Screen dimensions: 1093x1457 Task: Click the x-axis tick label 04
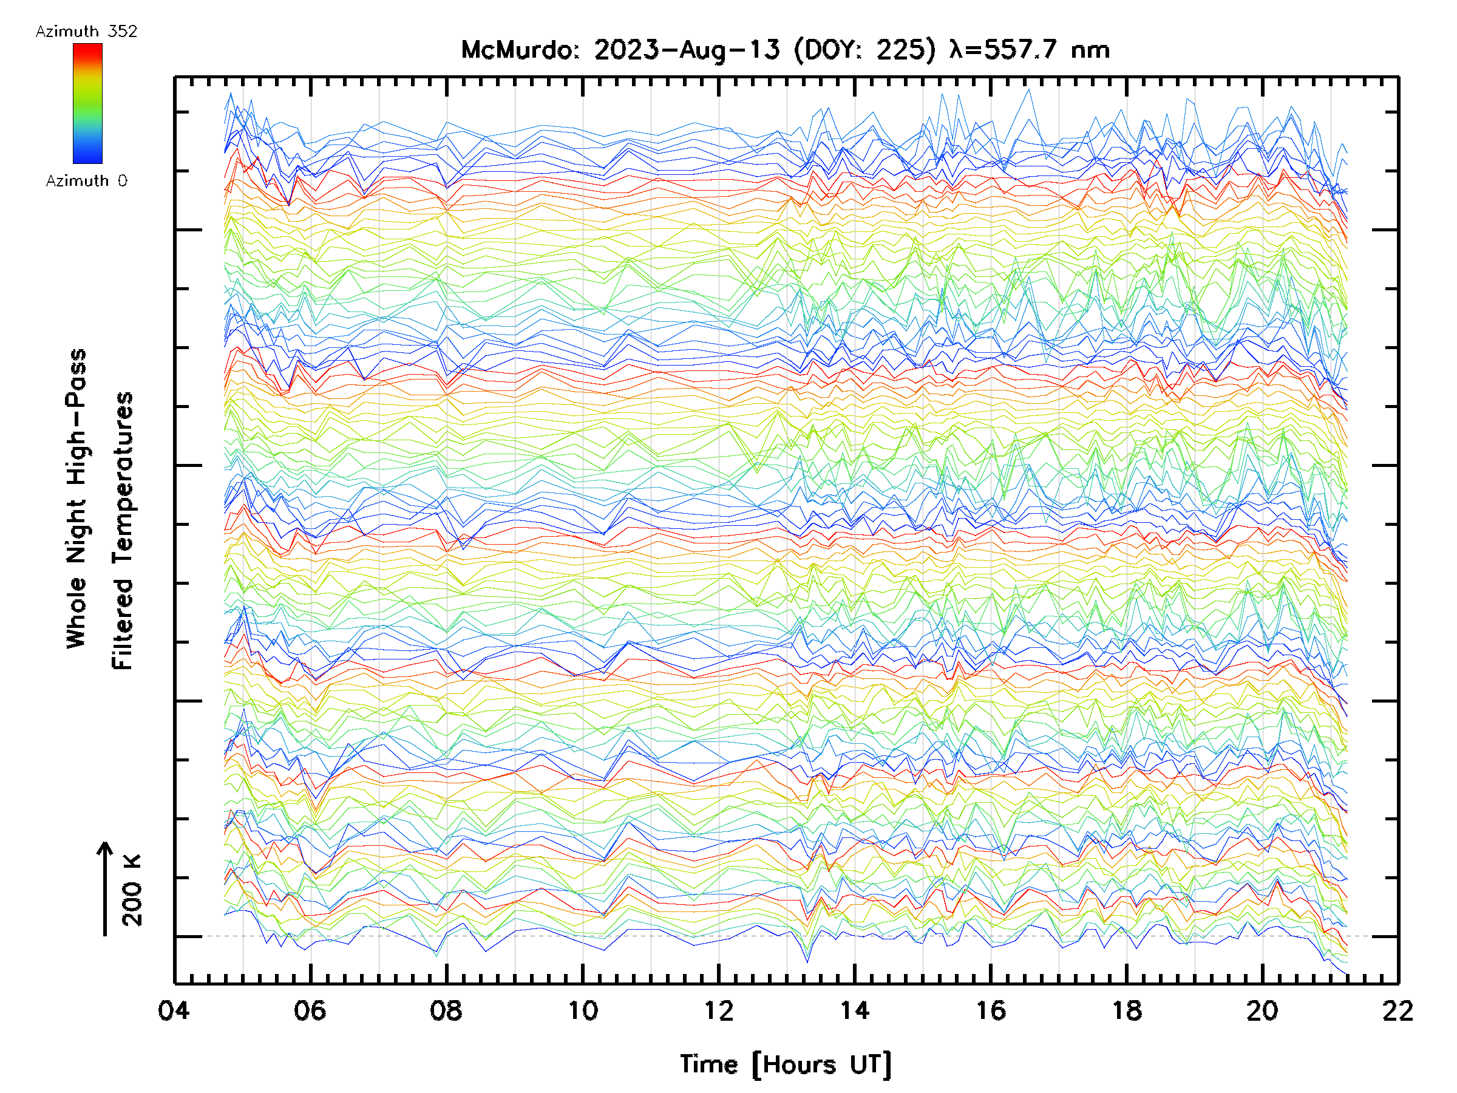click(x=174, y=1010)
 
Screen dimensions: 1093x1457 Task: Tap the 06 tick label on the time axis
click(x=310, y=1010)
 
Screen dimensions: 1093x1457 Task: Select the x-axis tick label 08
click(x=446, y=1010)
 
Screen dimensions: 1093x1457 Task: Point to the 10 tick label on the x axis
click(x=583, y=1010)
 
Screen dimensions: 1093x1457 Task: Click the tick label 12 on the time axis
click(x=719, y=1010)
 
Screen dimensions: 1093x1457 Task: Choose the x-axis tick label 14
click(x=854, y=1010)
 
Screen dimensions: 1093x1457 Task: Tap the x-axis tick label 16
click(x=991, y=1010)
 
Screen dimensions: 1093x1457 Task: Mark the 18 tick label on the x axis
click(x=1127, y=1010)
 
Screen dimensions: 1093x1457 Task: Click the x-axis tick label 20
click(x=1263, y=1010)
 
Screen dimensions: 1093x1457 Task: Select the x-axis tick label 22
click(x=1398, y=1010)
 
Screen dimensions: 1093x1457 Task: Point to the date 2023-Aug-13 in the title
click(x=687, y=50)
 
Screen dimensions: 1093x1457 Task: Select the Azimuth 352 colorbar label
click(x=86, y=32)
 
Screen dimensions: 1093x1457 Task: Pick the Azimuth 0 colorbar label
click(x=86, y=181)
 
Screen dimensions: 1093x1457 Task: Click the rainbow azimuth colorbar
click(x=87, y=103)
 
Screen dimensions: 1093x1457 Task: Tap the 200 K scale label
click(x=132, y=890)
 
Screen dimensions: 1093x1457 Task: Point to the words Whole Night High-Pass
click(x=76, y=499)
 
